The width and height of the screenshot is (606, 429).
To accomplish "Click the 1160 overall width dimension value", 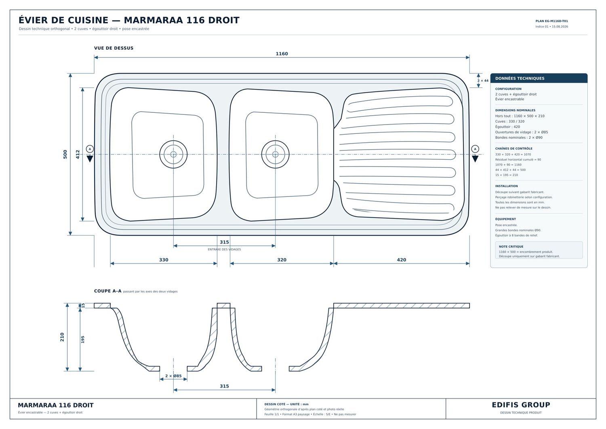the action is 282,54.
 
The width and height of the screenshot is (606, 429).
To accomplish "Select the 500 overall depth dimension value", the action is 65,154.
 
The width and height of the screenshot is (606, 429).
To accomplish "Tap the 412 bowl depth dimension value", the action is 78,154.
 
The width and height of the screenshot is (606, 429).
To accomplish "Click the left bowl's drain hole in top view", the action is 173,154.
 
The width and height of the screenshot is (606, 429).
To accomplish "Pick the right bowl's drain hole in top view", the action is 276,154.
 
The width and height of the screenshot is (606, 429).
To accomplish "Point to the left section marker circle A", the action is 90,149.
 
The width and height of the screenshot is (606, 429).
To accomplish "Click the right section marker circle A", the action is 475,149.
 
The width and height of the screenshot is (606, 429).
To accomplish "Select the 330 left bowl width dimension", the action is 164,260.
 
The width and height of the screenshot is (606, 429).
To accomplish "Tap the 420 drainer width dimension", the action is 402,260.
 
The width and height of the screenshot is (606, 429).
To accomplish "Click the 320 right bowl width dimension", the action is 282,260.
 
